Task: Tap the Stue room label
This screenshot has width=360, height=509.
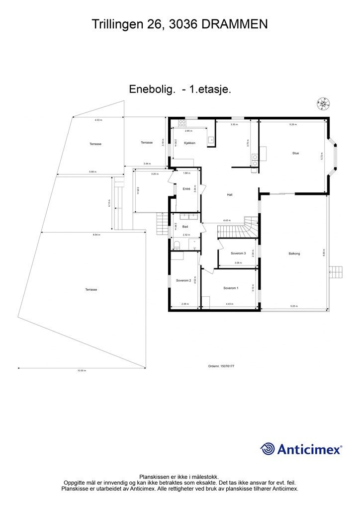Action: [x=295, y=153]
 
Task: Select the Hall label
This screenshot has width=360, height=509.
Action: [x=230, y=195]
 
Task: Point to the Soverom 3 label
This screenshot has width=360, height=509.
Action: [x=239, y=254]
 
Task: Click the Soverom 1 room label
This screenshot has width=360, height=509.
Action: [x=231, y=288]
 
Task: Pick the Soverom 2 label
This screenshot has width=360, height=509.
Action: [x=183, y=280]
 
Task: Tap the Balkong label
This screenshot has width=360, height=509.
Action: [x=294, y=254]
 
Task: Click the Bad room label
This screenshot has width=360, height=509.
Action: [x=185, y=226]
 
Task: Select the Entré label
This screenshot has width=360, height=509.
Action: [x=186, y=189]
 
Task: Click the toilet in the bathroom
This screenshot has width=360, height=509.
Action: [x=177, y=244]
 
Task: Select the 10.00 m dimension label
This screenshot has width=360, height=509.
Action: [x=82, y=371]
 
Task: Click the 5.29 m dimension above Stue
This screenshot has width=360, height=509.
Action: [x=293, y=124]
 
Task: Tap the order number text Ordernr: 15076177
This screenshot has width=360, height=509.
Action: [x=221, y=366]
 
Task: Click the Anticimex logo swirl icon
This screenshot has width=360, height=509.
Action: [x=268, y=449]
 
